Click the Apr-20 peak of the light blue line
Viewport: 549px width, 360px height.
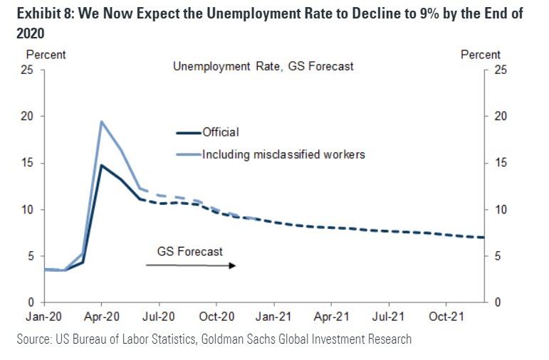(x=101, y=122)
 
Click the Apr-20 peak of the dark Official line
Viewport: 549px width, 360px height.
(x=101, y=165)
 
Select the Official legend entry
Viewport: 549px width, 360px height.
(x=220, y=132)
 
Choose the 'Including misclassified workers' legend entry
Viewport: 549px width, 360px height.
(x=283, y=154)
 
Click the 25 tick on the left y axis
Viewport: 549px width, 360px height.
(x=28, y=70)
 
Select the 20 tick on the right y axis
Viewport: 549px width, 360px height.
(x=501, y=117)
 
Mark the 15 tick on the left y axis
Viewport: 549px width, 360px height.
(x=28, y=164)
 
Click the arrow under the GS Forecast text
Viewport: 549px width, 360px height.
(x=190, y=265)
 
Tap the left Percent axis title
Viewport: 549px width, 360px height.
(x=46, y=54)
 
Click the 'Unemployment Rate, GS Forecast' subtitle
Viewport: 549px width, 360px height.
(x=263, y=66)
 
